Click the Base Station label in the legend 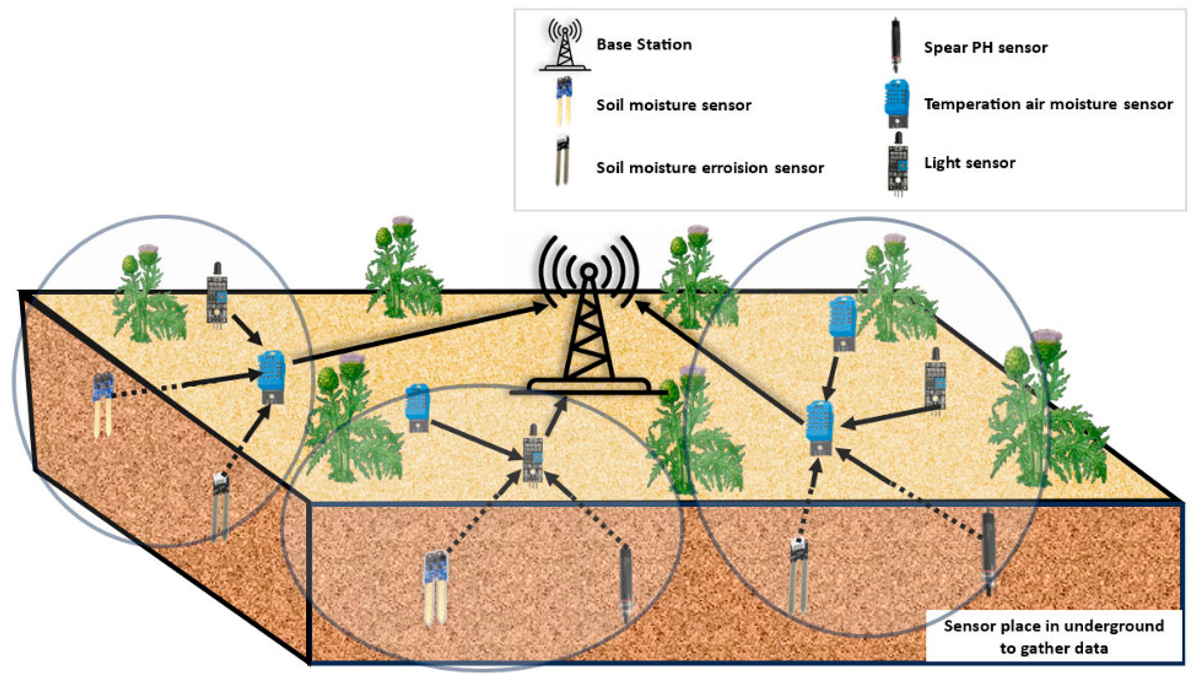click(644, 45)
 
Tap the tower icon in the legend click(565, 45)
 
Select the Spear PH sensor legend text click(985, 47)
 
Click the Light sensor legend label click(970, 163)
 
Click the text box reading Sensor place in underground click(1054, 637)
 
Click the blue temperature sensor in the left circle click(271, 377)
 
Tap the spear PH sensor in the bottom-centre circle click(626, 585)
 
